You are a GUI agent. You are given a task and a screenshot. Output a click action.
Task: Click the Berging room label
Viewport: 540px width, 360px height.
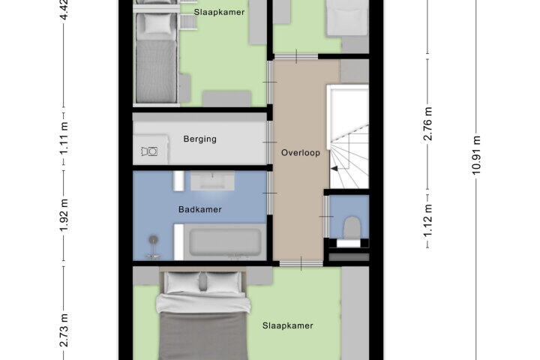199,139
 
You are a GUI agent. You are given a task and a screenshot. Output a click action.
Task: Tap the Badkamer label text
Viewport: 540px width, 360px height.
199,209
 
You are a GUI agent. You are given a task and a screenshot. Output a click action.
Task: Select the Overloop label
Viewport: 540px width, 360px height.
301,152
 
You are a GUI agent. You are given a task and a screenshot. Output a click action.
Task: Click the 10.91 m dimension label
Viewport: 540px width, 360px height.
476,155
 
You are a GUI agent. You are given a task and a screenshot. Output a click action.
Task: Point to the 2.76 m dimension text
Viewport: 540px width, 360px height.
427,124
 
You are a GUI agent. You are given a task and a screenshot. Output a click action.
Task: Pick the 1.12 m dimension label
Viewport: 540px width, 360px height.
427,220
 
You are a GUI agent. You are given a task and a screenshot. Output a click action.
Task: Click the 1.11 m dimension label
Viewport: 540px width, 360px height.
64,138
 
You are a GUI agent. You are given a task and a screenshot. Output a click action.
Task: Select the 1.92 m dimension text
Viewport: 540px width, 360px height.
64,214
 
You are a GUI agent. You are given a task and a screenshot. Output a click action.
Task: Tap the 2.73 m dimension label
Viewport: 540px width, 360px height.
64,330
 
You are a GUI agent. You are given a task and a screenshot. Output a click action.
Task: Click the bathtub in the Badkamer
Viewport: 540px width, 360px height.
225,241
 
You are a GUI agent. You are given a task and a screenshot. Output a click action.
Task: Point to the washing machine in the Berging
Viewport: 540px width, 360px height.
150,150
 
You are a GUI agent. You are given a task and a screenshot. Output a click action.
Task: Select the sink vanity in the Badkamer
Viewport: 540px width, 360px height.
212,181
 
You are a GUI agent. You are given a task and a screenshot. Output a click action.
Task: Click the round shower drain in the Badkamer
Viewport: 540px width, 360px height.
153,239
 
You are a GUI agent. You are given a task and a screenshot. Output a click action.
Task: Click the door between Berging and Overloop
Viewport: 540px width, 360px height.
270,142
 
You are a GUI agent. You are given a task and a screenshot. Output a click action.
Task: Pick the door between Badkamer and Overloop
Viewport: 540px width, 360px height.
270,193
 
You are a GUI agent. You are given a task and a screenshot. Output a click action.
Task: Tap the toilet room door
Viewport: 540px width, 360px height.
325,216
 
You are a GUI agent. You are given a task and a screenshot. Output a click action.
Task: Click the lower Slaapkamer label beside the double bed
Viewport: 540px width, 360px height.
287,325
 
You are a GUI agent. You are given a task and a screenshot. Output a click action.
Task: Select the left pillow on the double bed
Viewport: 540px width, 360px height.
182,283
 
